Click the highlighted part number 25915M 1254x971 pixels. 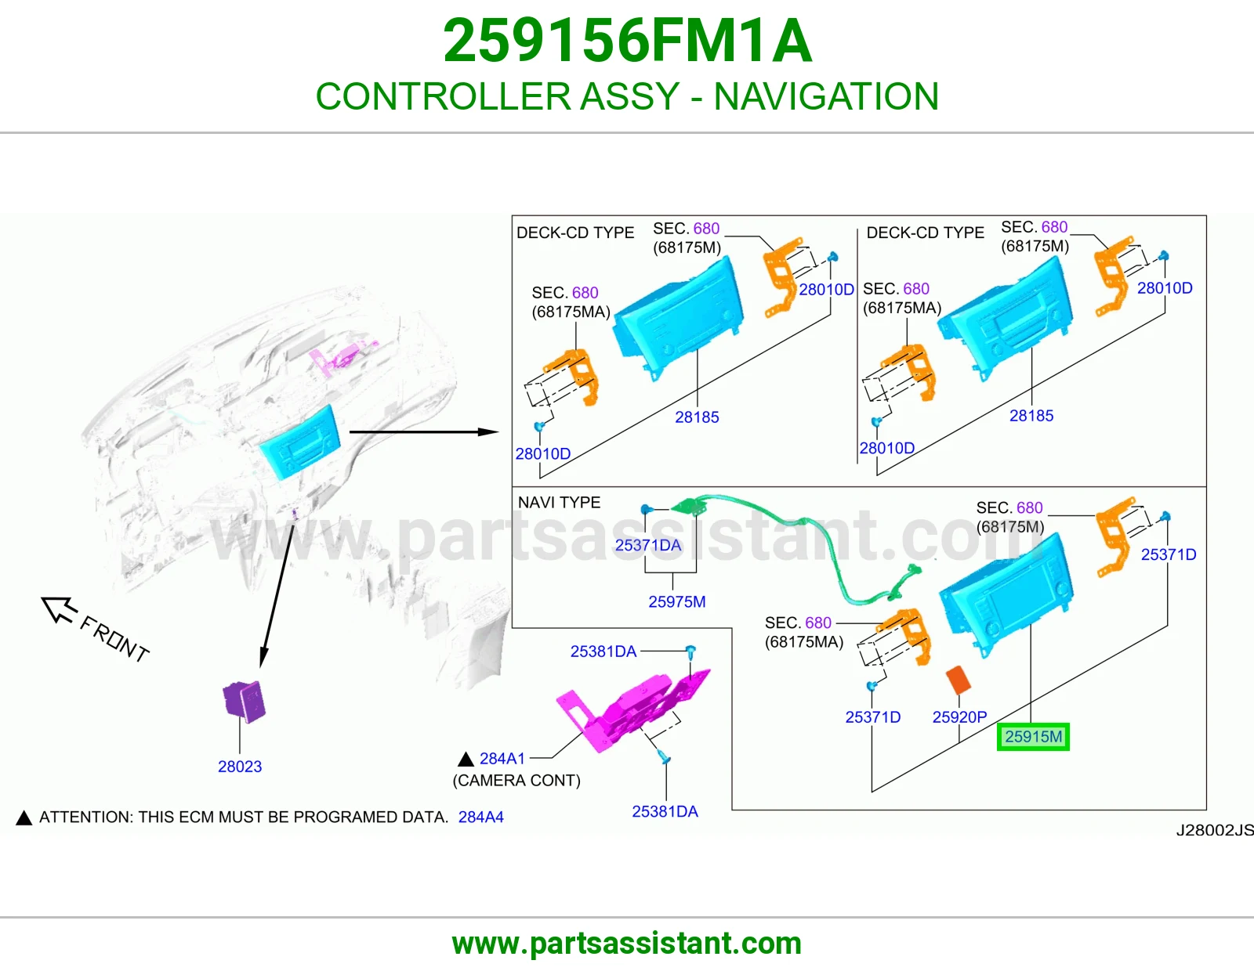point(1033,736)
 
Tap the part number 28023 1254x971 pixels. point(240,767)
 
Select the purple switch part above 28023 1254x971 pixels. point(244,701)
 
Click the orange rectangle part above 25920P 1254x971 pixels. point(959,680)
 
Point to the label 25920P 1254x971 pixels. point(959,717)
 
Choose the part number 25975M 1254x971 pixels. point(677,601)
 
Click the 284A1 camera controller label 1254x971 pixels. point(502,758)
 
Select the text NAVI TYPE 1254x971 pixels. point(559,502)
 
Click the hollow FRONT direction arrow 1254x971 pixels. point(59,609)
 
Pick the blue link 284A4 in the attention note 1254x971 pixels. point(480,817)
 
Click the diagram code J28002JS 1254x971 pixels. point(1215,830)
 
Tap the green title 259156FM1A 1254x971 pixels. point(627,41)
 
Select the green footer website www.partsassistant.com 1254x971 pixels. point(627,944)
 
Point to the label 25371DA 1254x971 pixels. point(648,545)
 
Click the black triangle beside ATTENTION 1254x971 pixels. point(24,818)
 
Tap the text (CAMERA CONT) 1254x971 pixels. point(516,780)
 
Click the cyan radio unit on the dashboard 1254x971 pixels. point(300,441)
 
